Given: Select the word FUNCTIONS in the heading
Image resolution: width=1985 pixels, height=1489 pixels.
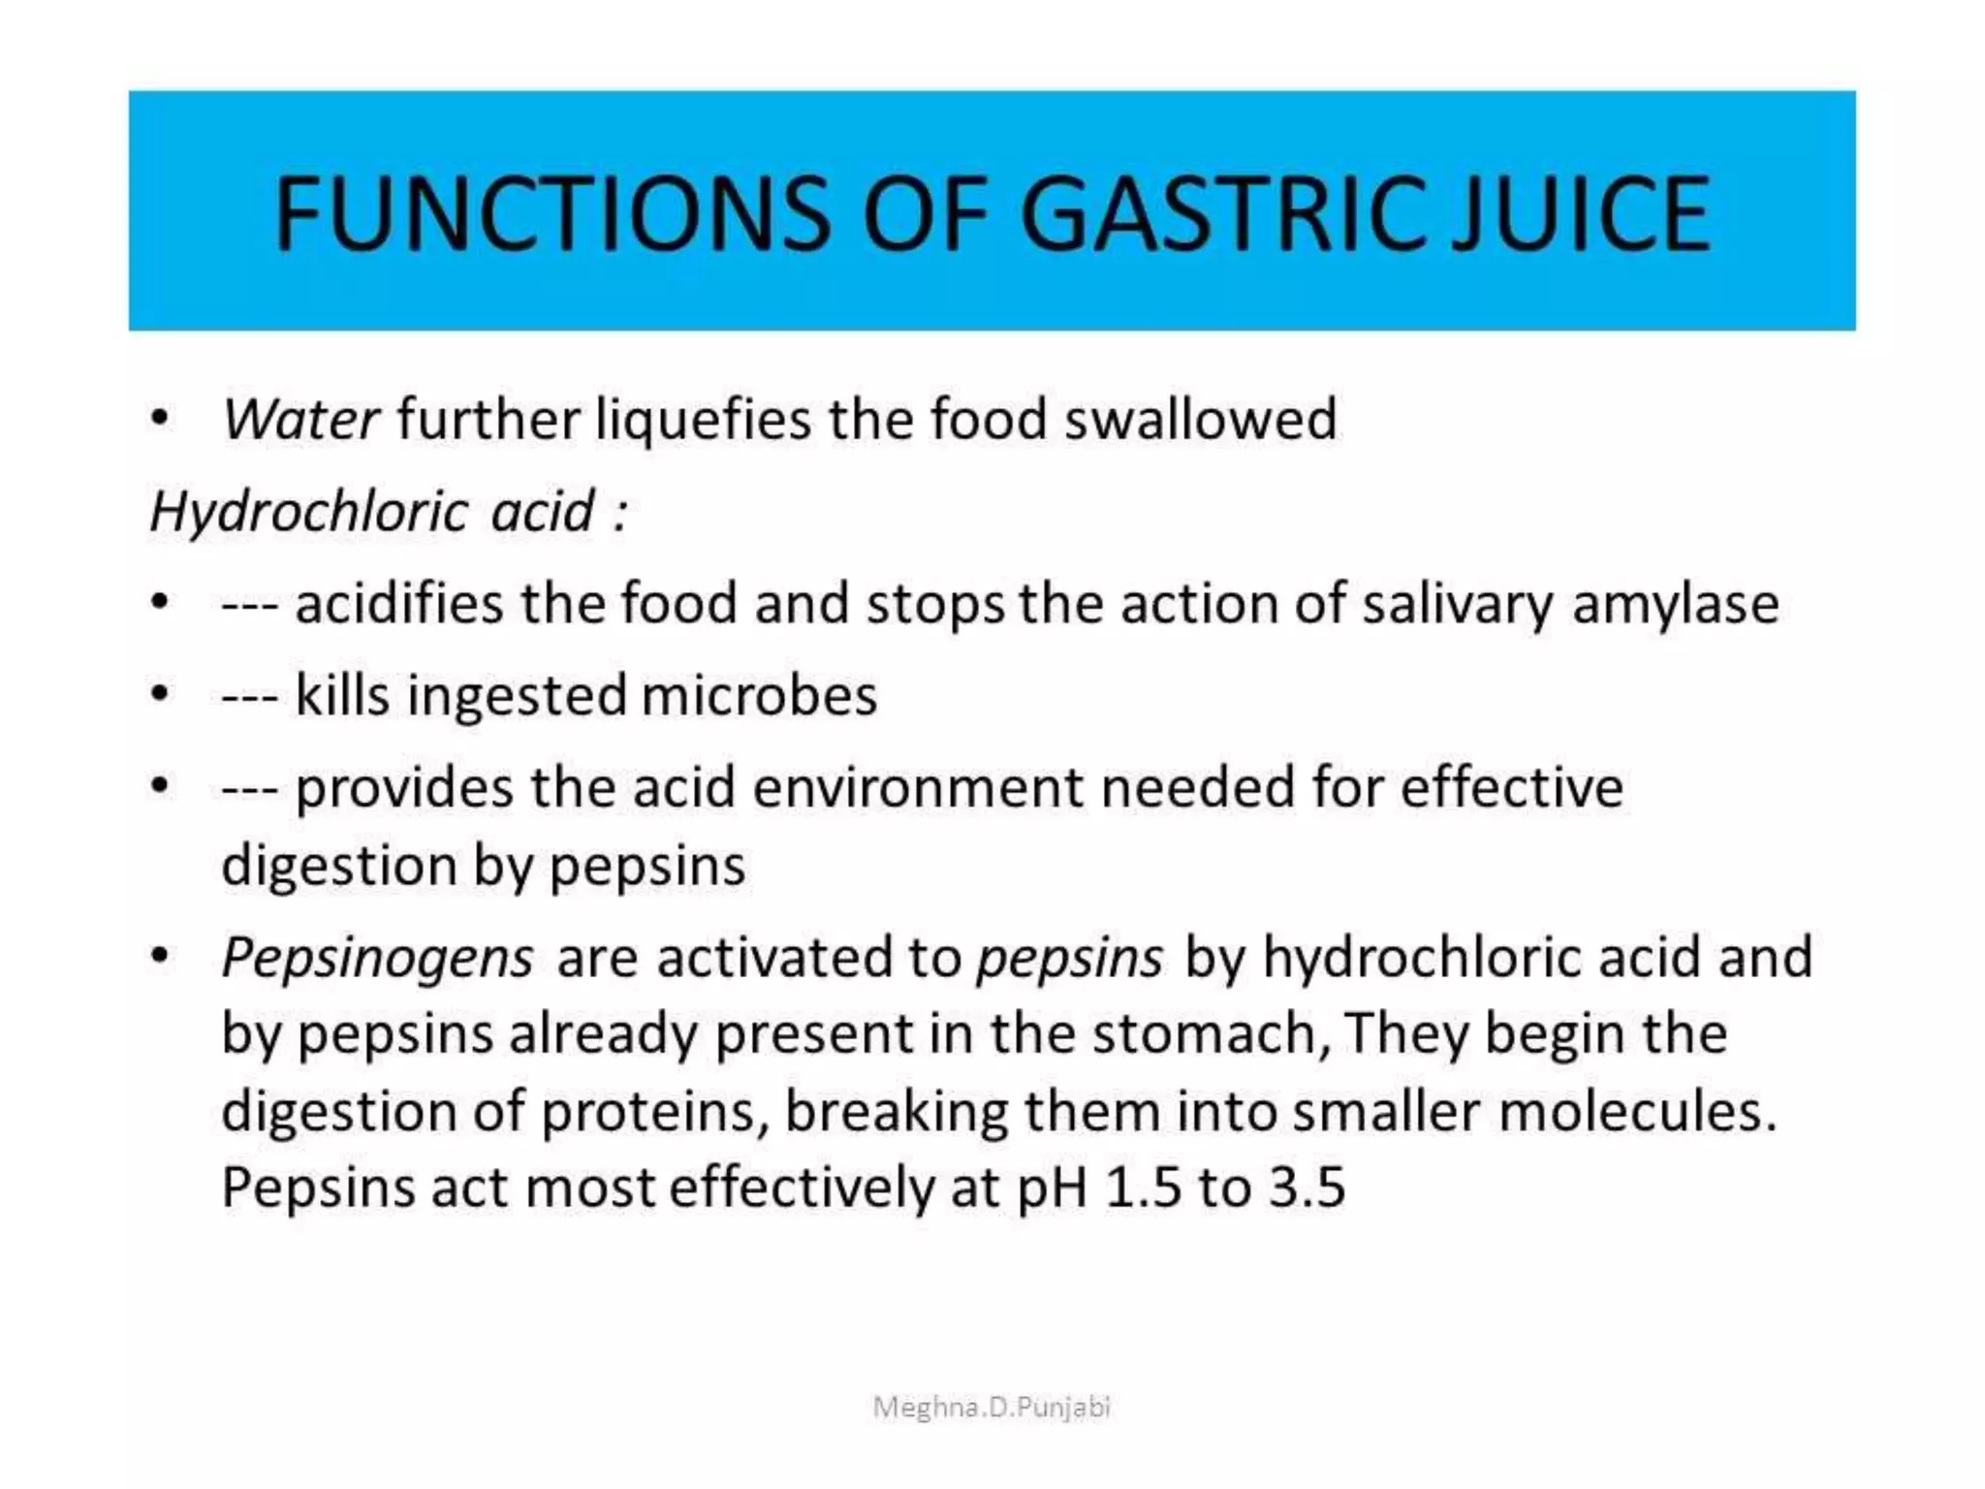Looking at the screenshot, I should pos(551,213).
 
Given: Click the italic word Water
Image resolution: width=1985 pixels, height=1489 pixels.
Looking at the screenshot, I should pos(300,420).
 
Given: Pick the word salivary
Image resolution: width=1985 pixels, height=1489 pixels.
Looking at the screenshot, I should pos(1457,605).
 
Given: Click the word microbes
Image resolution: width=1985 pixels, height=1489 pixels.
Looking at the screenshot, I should pos(759,695).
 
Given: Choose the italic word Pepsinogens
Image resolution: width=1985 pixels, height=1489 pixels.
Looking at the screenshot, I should pos(377,959).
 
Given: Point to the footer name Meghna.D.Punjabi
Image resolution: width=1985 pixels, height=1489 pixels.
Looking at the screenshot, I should pos(992,1407).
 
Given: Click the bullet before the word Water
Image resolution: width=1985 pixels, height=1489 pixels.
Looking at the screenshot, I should pos(160,420).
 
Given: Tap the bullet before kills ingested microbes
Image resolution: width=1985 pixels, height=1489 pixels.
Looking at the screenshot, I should pos(160,695).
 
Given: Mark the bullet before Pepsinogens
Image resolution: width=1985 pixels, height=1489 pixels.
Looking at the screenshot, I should pos(160,958).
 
